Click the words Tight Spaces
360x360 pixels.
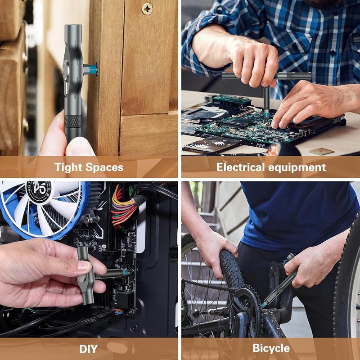point(89,167)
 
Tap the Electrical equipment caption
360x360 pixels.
point(271,167)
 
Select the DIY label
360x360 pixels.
point(88,348)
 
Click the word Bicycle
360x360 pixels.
point(271,348)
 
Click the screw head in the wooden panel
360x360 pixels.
point(147,9)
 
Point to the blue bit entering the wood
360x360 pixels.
point(93,69)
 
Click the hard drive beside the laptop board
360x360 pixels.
point(211,144)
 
